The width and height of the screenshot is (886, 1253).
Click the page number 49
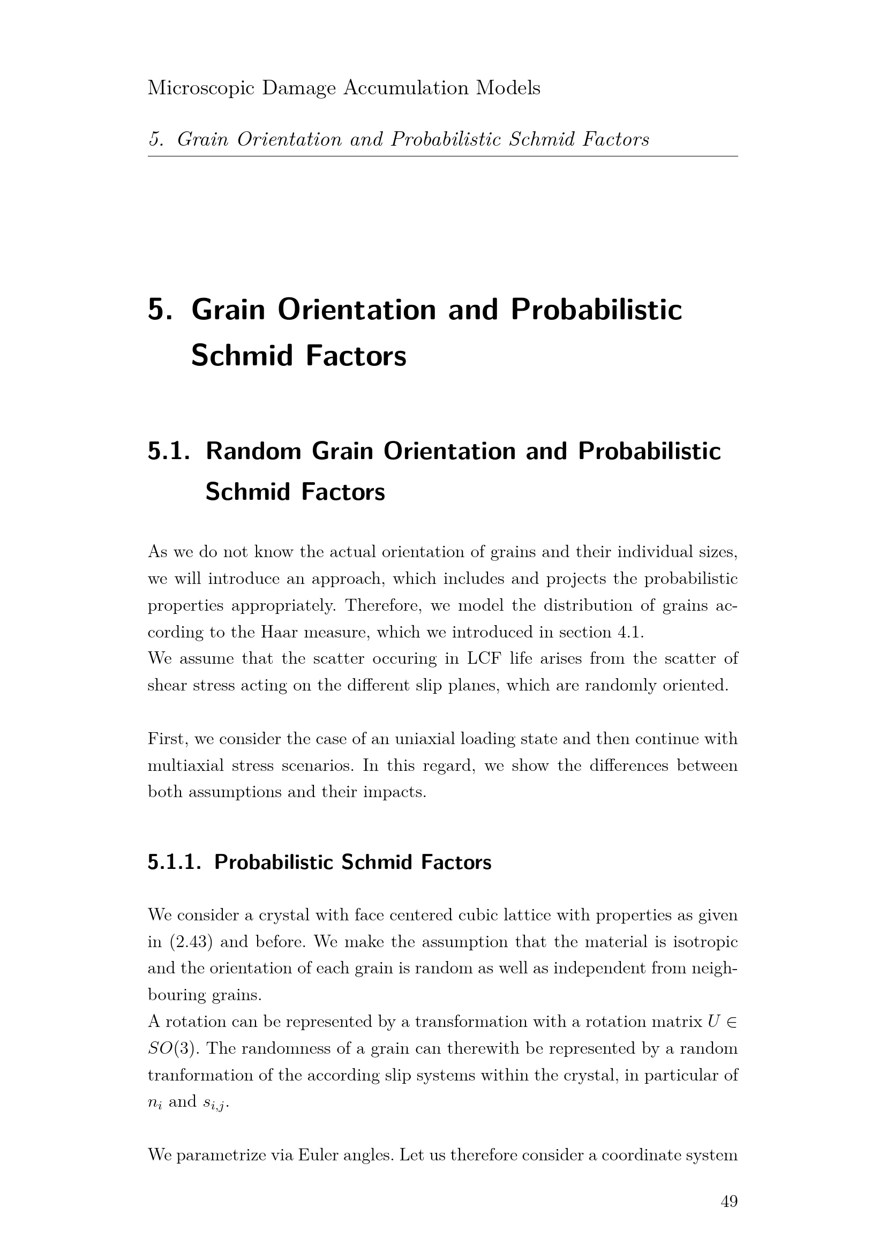pyautogui.click(x=729, y=1202)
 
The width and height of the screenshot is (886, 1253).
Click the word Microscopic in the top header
pyautogui.click(x=201, y=88)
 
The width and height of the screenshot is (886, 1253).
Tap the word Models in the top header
pyautogui.click(x=508, y=88)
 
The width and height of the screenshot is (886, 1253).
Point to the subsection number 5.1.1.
pyautogui.click(x=175, y=862)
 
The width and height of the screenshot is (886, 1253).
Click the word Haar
pyautogui.click(x=279, y=632)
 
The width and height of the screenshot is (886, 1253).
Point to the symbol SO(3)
pyautogui.click(x=173, y=1048)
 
